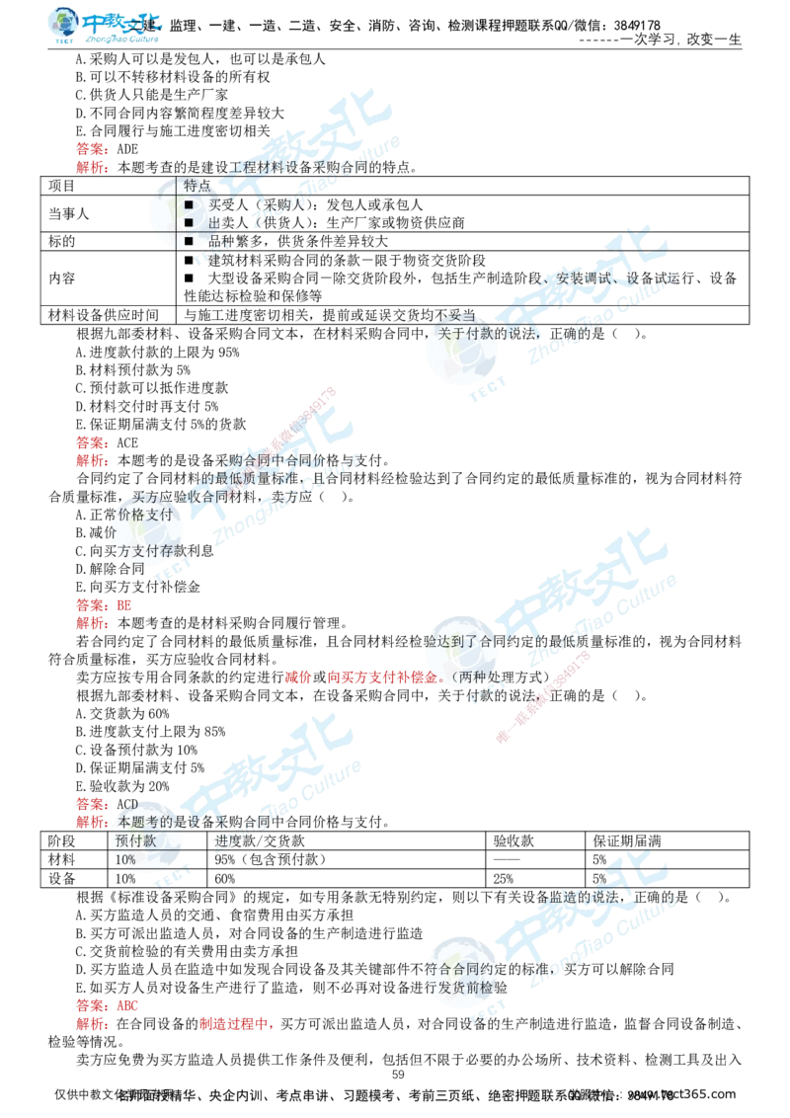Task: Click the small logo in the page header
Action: [105, 27]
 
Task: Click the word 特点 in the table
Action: [197, 186]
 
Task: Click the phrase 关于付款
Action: [465, 333]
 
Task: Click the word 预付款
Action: [135, 840]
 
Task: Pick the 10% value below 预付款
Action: [125, 860]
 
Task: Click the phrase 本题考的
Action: [144, 821]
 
